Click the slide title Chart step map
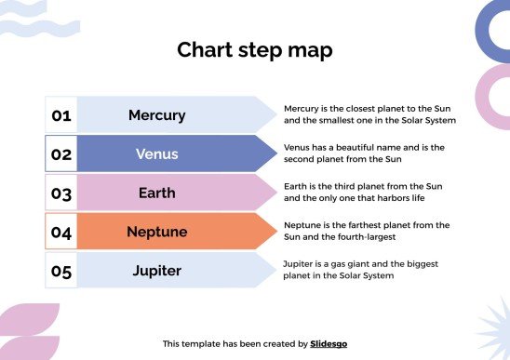[x=254, y=50]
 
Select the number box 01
[x=61, y=115]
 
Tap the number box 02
[x=61, y=154]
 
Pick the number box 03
[x=61, y=193]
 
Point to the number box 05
[x=61, y=272]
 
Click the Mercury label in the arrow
[x=156, y=115]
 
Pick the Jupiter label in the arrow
[x=156, y=272]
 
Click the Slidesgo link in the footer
[x=329, y=343]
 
